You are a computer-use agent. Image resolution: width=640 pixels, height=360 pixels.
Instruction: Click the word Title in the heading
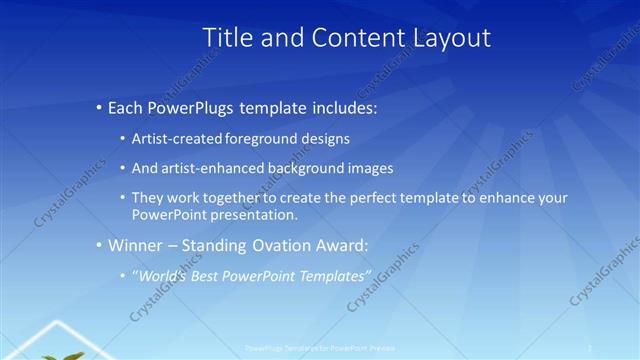coord(227,38)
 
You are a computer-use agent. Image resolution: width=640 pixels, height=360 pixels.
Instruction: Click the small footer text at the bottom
coord(319,348)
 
